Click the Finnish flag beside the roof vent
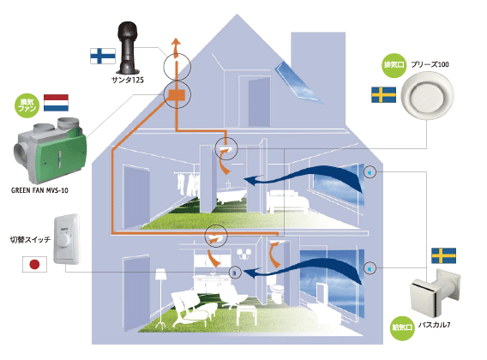103,57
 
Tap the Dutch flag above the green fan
56,103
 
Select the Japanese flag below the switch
34,264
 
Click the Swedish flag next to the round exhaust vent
383,95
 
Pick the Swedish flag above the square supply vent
444,255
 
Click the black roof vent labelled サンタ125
128,47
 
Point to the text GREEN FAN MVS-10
39,190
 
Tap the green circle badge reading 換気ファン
27,105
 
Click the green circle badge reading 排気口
394,65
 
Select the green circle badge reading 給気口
402,328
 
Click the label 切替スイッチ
30,240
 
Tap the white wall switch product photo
67,238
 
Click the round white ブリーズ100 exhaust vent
427,95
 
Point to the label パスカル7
434,325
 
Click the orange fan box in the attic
177,95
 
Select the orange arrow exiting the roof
176,48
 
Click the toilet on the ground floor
277,292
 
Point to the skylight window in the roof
297,81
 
